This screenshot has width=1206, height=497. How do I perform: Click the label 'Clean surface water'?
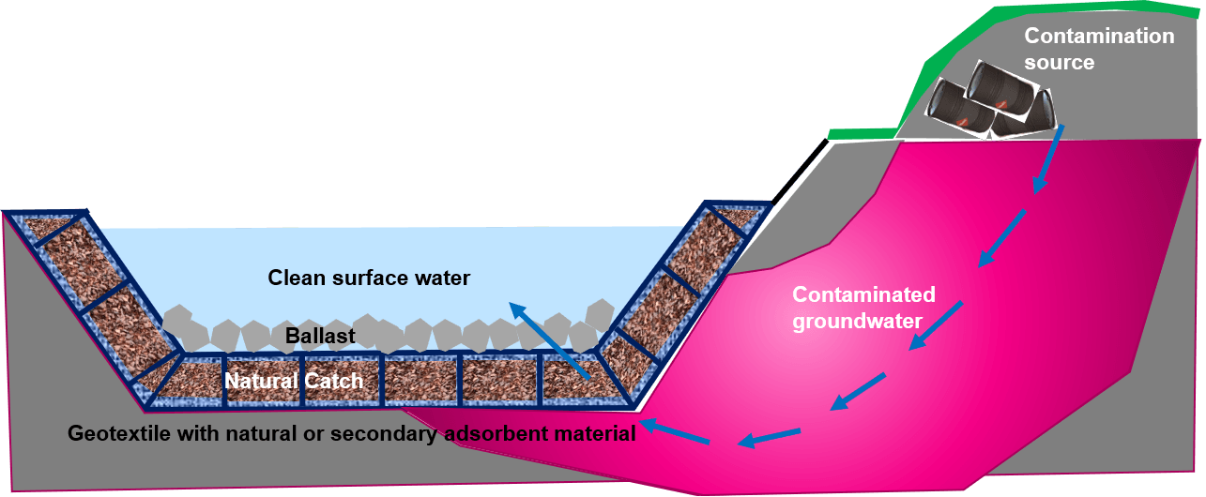coord(369,279)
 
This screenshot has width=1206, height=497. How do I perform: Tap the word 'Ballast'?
coord(320,336)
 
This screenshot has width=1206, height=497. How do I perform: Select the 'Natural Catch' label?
coord(294,381)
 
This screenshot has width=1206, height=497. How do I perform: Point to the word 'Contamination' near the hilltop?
coord(1099,36)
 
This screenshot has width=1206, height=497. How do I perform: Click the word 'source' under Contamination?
coord(1059,63)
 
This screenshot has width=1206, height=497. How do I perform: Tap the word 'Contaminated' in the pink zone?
coord(863,294)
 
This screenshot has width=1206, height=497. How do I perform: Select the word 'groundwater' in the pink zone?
coord(857,321)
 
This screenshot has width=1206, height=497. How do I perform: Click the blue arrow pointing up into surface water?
coord(549,341)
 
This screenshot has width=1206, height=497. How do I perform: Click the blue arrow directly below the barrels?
coord(1047,159)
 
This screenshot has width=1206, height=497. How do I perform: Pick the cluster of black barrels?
coord(989,100)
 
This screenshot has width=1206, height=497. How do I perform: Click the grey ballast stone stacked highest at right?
coord(600,316)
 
